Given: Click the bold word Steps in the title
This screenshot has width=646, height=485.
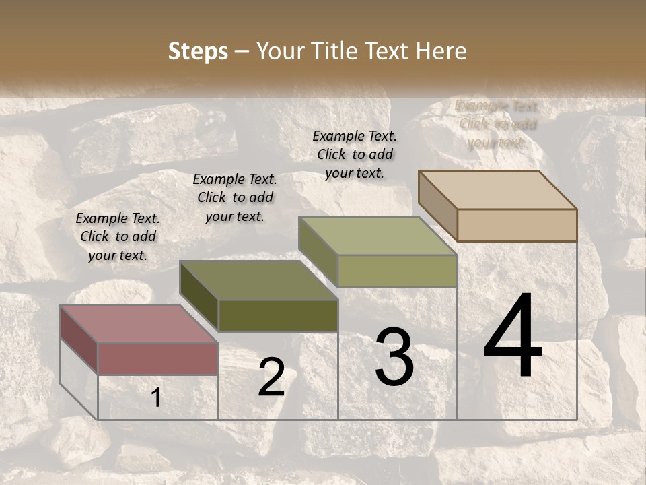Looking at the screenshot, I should (x=198, y=51).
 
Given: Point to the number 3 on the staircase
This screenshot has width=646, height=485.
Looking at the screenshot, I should (x=394, y=356).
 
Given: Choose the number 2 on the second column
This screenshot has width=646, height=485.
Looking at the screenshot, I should (x=271, y=378).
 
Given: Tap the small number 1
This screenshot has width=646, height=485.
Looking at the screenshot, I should (x=156, y=398).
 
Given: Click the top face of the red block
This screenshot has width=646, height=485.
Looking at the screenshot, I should (x=138, y=324).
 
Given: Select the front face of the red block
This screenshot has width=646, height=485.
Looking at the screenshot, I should (x=157, y=358).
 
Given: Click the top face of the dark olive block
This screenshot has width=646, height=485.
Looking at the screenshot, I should (x=258, y=280).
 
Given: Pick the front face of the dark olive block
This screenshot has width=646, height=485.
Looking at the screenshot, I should (x=278, y=315).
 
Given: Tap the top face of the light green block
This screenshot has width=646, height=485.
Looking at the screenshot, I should (x=378, y=236).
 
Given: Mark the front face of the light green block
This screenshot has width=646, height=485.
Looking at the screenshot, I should (x=397, y=271).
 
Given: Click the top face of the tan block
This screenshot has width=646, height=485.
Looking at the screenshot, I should (x=497, y=190).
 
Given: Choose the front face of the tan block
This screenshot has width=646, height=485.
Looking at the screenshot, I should (x=517, y=225).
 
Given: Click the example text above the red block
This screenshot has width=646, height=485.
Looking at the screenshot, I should (x=118, y=236).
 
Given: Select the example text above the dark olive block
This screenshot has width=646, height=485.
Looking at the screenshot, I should (x=235, y=197).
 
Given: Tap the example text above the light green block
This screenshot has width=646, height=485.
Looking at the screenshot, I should (x=355, y=154).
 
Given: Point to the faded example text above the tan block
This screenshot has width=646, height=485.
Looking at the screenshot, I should (x=497, y=124).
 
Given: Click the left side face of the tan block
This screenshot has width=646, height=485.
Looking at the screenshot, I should (x=437, y=205).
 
